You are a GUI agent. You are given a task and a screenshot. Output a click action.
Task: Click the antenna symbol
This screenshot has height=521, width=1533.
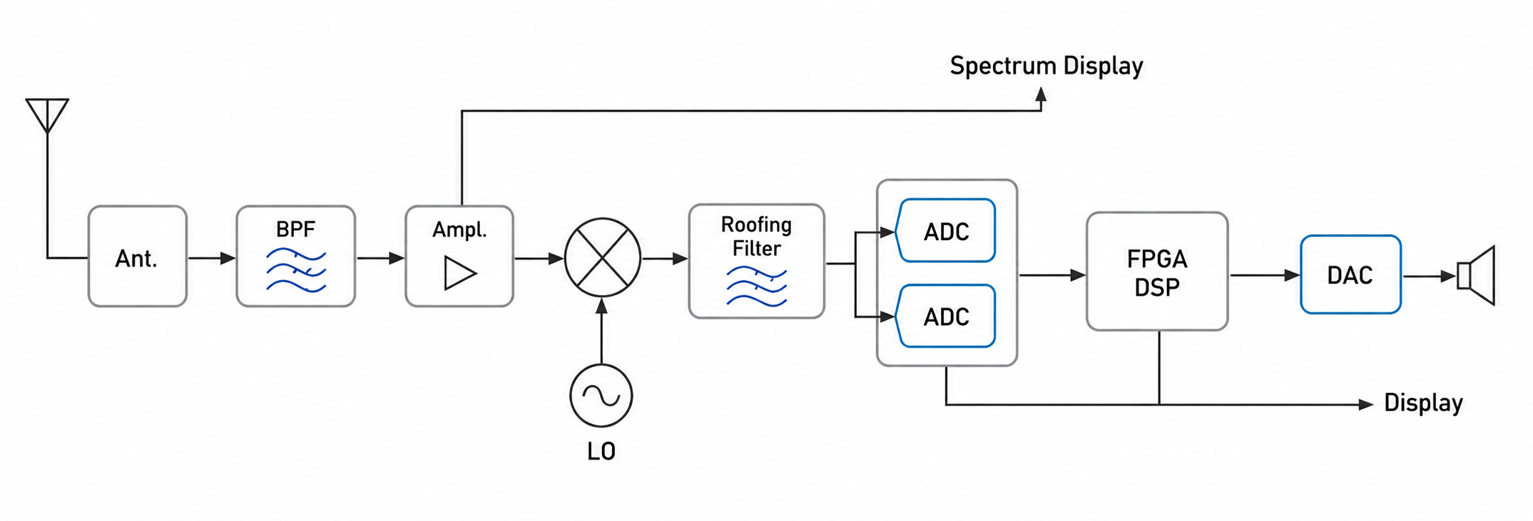[x=47, y=115]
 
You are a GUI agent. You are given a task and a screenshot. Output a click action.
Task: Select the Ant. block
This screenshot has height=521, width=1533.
[x=138, y=257]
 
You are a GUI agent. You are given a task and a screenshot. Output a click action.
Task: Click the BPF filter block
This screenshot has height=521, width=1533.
[x=296, y=257]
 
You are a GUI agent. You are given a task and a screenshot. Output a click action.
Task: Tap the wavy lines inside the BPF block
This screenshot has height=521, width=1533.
[x=296, y=270]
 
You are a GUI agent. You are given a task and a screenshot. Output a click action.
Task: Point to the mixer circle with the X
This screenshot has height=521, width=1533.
[x=603, y=257]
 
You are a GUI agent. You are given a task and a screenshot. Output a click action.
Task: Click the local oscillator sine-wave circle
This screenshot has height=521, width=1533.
[x=601, y=396]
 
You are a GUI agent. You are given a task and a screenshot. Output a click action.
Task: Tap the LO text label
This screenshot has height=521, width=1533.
[x=601, y=451]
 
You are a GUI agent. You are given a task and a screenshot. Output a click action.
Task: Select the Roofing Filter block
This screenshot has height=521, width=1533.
[x=757, y=261]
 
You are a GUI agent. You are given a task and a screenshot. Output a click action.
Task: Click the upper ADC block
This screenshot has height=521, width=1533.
[x=946, y=230]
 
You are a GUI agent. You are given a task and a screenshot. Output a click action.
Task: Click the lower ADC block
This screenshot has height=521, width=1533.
[x=946, y=316]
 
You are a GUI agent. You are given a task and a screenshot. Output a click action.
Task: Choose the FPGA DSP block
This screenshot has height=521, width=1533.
[x=1157, y=272]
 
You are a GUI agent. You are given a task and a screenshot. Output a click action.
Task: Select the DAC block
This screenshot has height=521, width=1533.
[x=1350, y=274]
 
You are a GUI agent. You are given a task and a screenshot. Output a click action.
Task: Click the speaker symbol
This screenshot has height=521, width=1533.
[x=1475, y=275]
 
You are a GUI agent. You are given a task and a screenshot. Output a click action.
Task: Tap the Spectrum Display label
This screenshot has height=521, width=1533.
[x=1046, y=66]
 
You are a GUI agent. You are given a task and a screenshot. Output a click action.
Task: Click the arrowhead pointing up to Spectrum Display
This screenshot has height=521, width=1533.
[x=1041, y=96]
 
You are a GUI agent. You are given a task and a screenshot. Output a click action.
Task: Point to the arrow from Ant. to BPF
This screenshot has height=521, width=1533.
[x=212, y=258]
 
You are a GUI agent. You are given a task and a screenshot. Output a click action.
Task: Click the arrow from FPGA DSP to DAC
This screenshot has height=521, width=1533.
[x=1265, y=275]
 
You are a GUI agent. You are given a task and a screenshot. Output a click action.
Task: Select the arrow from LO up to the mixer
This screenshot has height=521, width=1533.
[x=601, y=331]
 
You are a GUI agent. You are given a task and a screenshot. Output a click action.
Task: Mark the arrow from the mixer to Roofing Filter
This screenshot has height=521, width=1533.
[x=665, y=259]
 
